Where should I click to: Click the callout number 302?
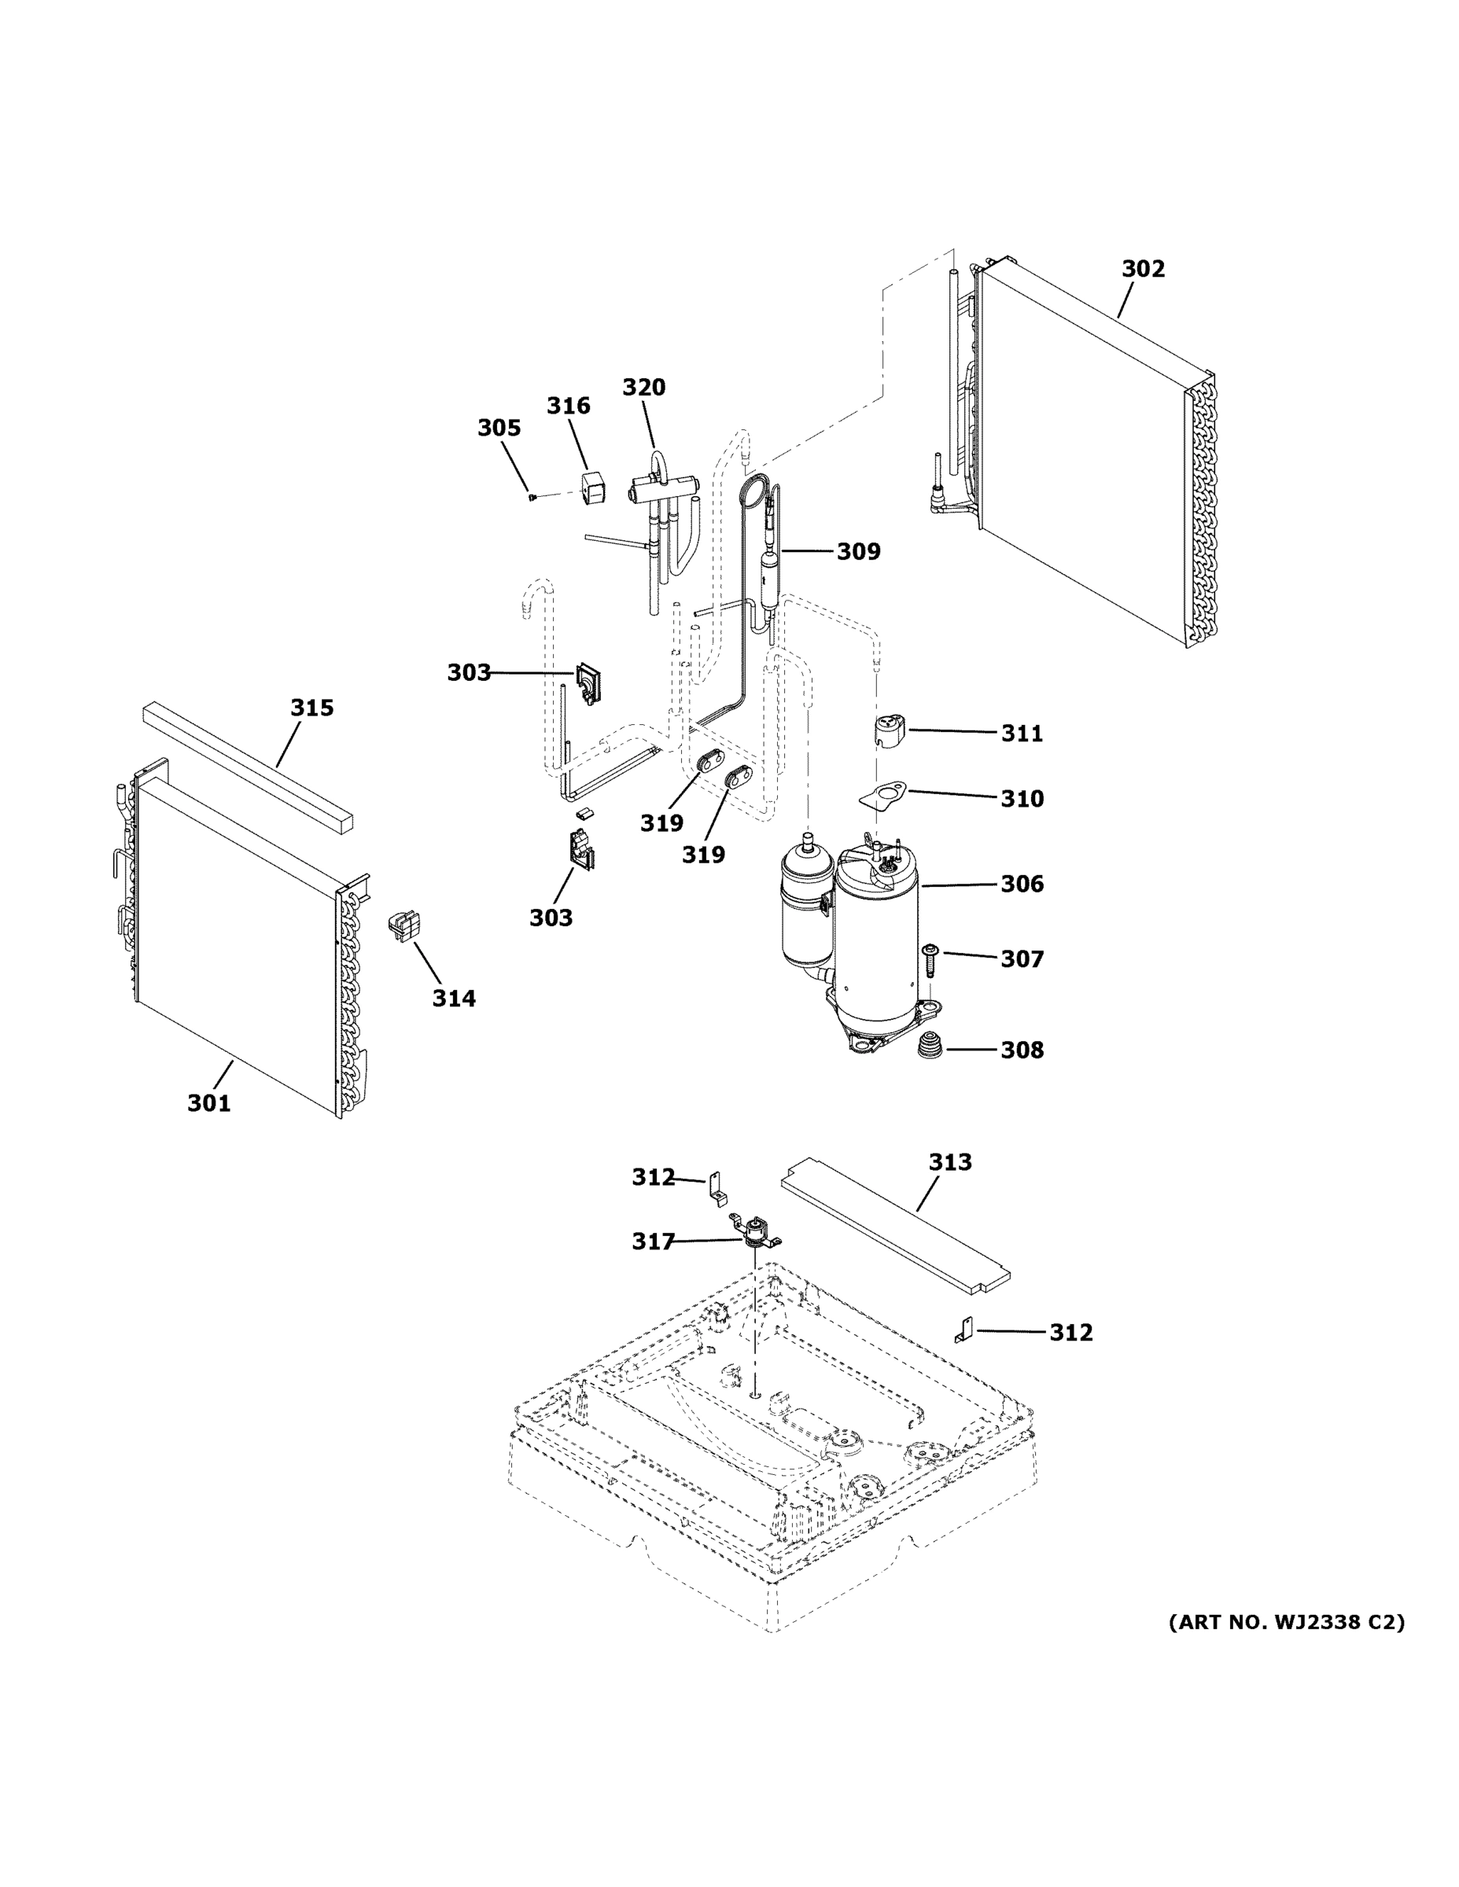(1143, 269)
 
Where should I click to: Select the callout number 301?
(209, 1102)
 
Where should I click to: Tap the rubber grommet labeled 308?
(930, 1049)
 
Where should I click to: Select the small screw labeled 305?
(533, 497)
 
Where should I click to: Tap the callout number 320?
(644, 387)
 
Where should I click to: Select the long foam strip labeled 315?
(249, 767)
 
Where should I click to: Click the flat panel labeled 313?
(894, 1226)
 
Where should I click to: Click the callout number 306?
(1022, 883)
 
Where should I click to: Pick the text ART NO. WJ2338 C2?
(1286, 1622)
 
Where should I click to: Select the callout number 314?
(454, 998)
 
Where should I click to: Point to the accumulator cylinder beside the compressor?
(805, 907)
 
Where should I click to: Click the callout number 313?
(950, 1162)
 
